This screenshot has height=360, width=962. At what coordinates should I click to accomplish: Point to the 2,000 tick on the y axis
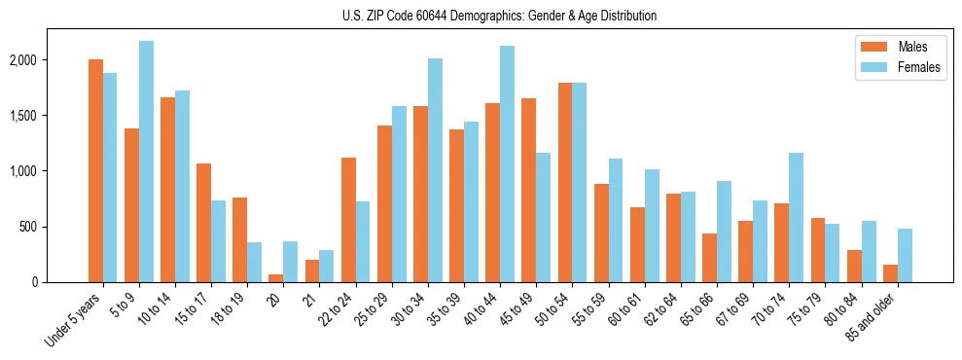pyautogui.click(x=20, y=60)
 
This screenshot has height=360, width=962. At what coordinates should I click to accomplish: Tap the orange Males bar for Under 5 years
pyautogui.click(x=95, y=170)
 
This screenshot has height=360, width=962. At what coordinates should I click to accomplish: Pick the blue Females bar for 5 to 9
pyautogui.click(x=146, y=162)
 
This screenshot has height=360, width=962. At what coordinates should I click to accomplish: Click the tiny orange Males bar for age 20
pyautogui.click(x=275, y=278)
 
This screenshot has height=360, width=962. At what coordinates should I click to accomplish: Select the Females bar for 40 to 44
pyautogui.click(x=507, y=163)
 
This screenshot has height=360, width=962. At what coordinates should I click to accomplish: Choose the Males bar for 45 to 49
pyautogui.click(x=528, y=190)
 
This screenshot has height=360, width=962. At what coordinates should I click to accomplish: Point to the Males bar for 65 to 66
pyautogui.click(x=709, y=258)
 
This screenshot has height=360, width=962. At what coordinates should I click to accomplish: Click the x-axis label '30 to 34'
pyautogui.click(x=414, y=310)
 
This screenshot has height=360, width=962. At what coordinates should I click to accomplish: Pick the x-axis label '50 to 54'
pyautogui.click(x=558, y=310)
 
